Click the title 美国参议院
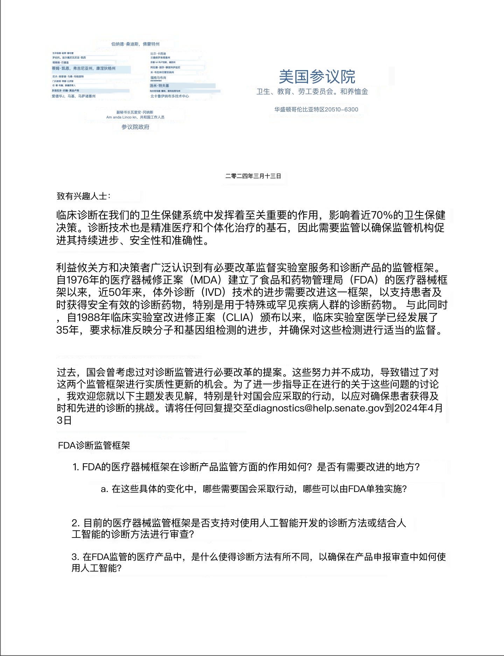[317, 76]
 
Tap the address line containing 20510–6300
[316, 109]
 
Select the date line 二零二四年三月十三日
[253, 176]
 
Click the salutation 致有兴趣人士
[83, 196]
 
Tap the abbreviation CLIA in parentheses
[240, 318]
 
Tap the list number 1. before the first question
[76, 467]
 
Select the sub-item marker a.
[104, 489]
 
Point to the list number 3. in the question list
[76, 557]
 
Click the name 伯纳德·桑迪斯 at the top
[125, 44]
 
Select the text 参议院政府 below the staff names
[135, 127]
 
